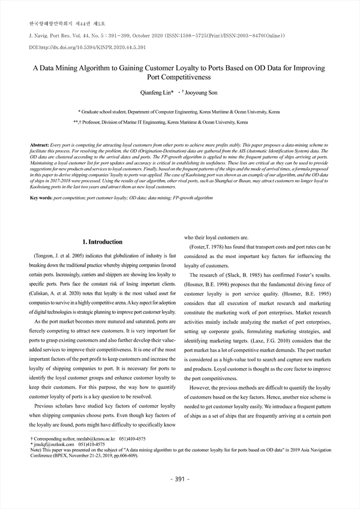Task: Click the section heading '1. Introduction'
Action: point(102,242)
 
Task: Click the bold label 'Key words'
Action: point(41,197)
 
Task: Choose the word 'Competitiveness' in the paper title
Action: point(180,77)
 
